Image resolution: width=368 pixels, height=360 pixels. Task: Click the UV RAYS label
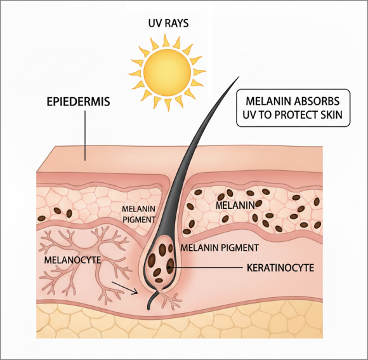coord(169,23)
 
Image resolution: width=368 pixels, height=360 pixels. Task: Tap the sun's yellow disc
coord(167,72)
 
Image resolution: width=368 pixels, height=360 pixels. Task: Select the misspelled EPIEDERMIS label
coord(79,102)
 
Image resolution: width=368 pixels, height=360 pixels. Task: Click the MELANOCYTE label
coord(73,260)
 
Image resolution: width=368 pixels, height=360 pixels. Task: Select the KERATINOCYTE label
coord(280,268)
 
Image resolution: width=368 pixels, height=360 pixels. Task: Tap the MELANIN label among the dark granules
coord(235,206)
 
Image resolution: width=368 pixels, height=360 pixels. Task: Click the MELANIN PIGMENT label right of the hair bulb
coord(220,248)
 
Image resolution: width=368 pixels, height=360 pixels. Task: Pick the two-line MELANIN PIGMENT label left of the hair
coord(139,214)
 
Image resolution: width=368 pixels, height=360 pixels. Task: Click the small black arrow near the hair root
coord(124,288)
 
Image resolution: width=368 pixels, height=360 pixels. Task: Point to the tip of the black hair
coord(239,77)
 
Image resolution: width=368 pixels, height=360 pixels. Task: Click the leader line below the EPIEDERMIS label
coord(85,136)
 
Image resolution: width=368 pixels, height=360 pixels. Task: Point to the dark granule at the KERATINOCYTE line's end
coord(170,266)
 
